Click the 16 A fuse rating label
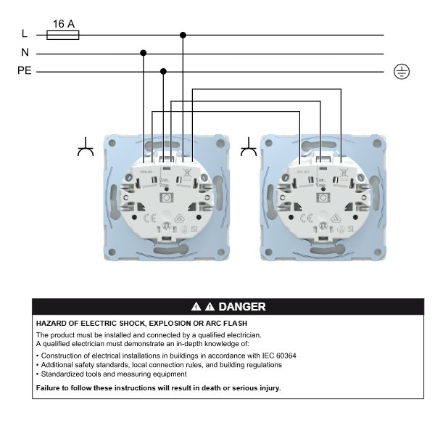pyautogui.click(x=63, y=23)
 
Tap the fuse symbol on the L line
pyautogui.click(x=63, y=34)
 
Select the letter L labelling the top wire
pyautogui.click(x=25, y=34)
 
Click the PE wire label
pyautogui.click(x=25, y=72)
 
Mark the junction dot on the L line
pyautogui.click(x=183, y=34)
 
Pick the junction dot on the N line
pyautogui.click(x=144, y=53)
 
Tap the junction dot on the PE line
pyautogui.click(x=163, y=72)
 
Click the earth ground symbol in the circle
pyautogui.click(x=401, y=71)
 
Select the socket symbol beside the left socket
pyautogui.click(x=86, y=150)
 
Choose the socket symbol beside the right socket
pyautogui.click(x=249, y=150)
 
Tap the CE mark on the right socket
pyautogui.click(x=305, y=217)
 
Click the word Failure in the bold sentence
pyautogui.click(x=50, y=388)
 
